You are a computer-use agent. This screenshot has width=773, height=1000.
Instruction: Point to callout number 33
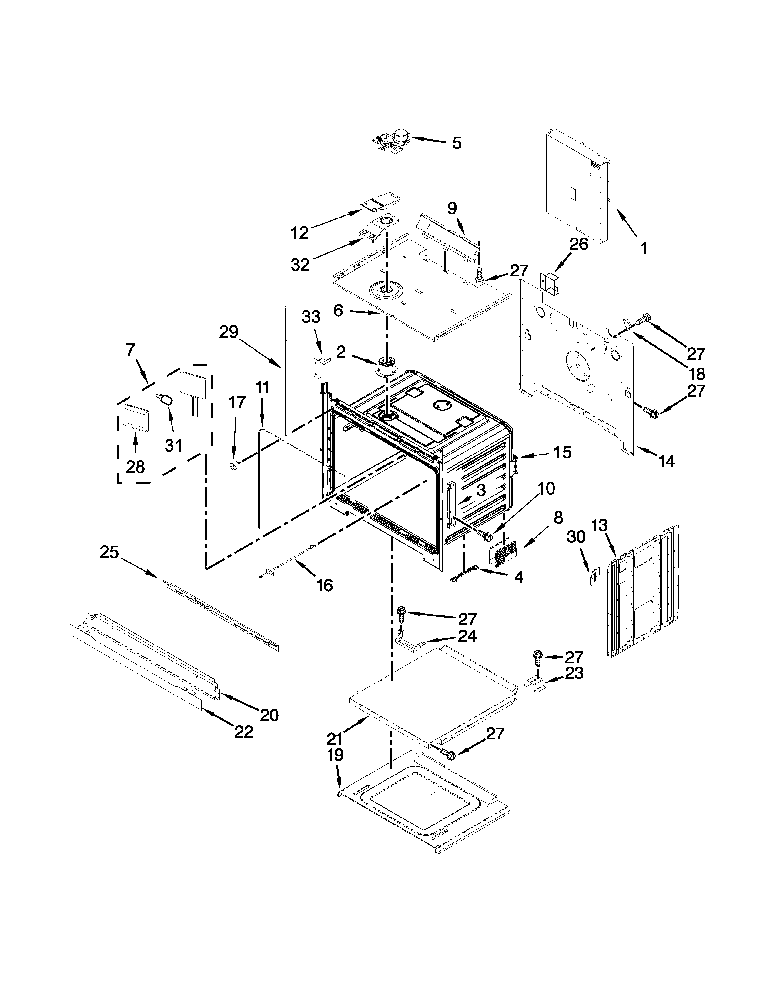[311, 317]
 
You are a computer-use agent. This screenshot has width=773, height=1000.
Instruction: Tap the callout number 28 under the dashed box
[136, 467]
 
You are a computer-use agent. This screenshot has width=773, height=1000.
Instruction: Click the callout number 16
[324, 585]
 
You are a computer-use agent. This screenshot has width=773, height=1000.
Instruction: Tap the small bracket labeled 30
[594, 575]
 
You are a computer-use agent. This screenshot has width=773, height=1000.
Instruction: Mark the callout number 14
[667, 462]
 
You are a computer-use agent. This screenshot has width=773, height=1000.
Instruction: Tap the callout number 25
[109, 553]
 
